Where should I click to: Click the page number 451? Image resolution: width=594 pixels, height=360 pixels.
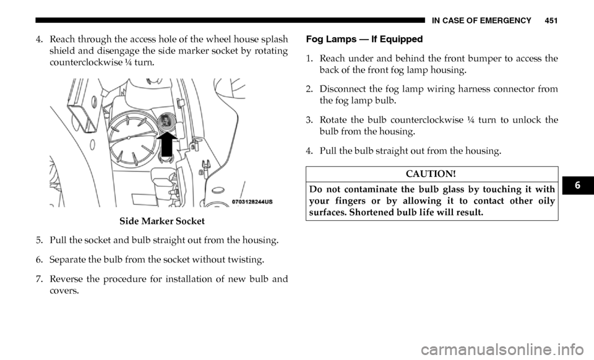(x=551, y=20)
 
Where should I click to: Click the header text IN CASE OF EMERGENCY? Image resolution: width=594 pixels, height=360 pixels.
(x=481, y=20)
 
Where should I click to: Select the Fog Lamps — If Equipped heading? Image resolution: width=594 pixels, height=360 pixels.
(x=364, y=39)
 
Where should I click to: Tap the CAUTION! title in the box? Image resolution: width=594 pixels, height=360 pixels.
(x=431, y=174)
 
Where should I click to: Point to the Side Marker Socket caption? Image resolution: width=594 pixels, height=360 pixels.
(x=161, y=221)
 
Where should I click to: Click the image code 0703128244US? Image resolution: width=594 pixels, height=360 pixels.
(x=252, y=202)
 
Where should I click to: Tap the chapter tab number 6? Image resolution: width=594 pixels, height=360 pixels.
(x=577, y=185)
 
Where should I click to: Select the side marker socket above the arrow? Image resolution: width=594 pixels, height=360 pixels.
(x=166, y=121)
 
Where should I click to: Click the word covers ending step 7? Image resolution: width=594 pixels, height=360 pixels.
(x=63, y=291)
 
